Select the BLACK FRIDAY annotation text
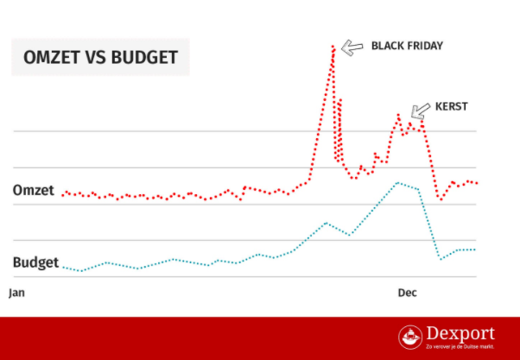[406, 45]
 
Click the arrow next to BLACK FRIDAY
[352, 47]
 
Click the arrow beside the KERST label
[421, 110]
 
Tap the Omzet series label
[34, 190]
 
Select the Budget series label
[35, 262]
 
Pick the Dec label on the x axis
[407, 293]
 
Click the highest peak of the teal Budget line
[396, 183]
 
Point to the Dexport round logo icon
[411, 338]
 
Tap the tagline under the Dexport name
[461, 348]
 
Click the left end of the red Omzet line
[62, 194]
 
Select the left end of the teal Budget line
[63, 267]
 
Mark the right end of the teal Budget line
[476, 249]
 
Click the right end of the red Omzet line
[478, 182]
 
